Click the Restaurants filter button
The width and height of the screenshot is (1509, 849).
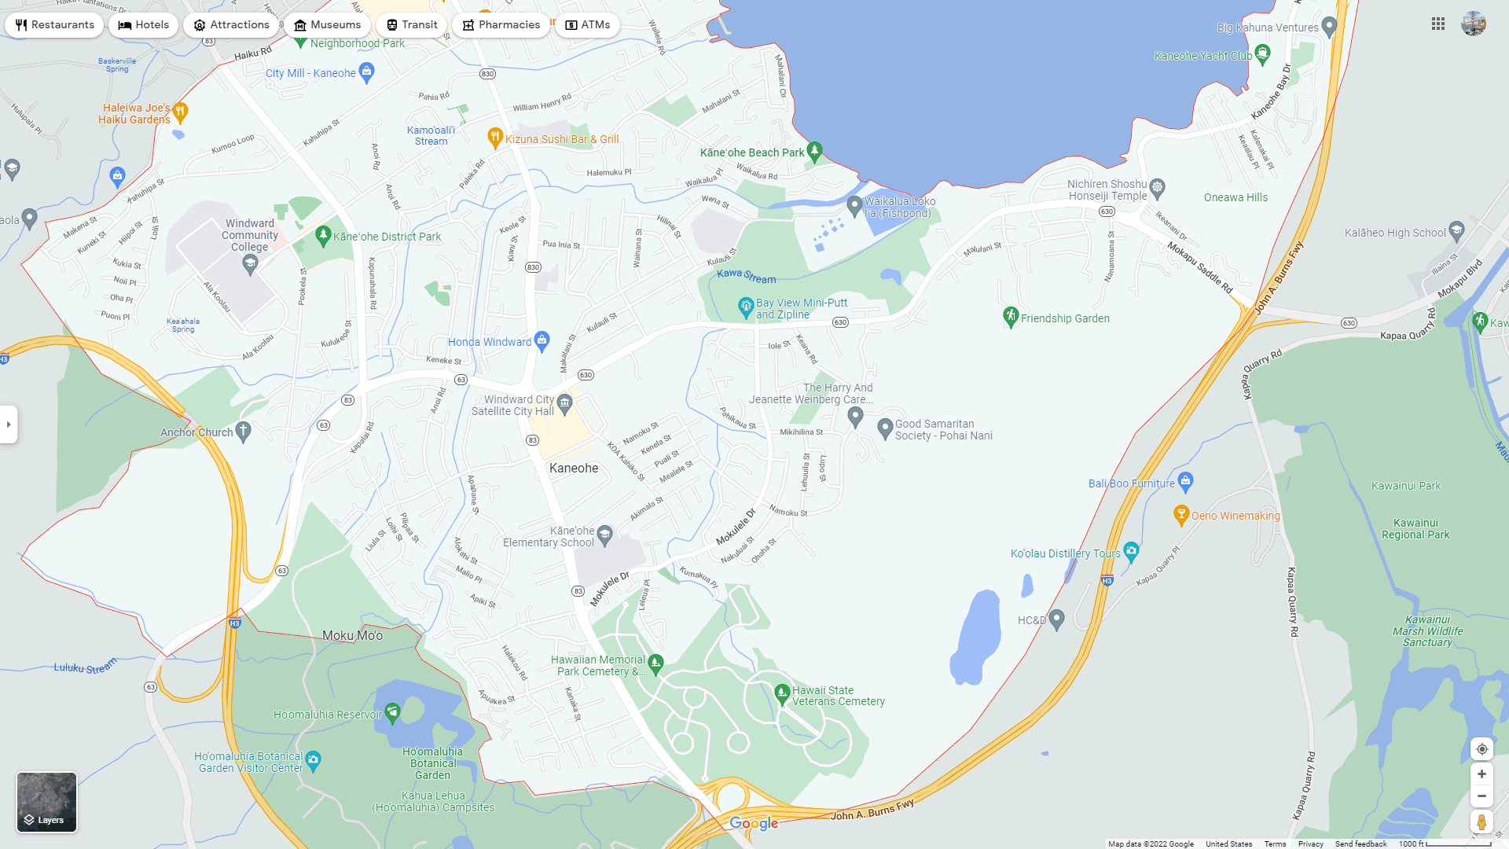(54, 25)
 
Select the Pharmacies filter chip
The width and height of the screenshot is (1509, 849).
(501, 25)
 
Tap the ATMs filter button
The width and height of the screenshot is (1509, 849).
(587, 25)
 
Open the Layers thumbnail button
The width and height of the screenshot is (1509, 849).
(47, 802)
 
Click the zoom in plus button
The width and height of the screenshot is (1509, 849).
(1481, 774)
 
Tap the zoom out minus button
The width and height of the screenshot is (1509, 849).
(1481, 796)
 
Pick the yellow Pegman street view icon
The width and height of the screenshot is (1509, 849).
(1481, 822)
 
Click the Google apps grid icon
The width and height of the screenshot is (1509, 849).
(1438, 24)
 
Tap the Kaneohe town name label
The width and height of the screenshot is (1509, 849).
(574, 469)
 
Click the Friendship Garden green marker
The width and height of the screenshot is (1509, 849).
(1011, 317)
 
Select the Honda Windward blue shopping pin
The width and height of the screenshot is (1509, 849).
(542, 340)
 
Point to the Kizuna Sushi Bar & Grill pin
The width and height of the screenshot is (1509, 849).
(495, 138)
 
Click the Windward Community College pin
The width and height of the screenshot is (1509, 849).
(250, 263)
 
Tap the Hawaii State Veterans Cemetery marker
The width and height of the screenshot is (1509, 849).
(782, 693)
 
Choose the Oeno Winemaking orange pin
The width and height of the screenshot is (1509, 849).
(1180, 515)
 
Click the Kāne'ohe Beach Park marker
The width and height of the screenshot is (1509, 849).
(815, 150)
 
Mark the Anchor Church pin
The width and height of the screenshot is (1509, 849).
(244, 431)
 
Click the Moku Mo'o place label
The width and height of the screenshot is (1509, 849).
(352, 636)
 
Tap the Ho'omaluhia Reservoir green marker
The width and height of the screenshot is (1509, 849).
(392, 713)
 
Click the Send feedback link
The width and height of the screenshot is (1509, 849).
(1360, 844)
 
